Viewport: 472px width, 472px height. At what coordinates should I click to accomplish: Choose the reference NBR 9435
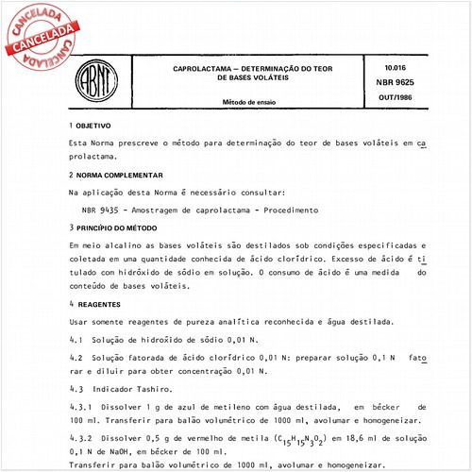pos(101,210)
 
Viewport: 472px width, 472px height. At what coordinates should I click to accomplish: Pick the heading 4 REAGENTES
pos(95,305)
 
